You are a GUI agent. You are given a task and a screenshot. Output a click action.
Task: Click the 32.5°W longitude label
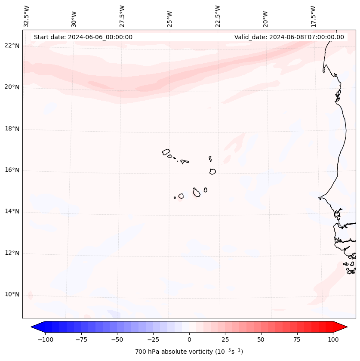coord(27,16)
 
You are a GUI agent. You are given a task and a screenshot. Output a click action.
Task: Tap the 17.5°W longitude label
coord(313,16)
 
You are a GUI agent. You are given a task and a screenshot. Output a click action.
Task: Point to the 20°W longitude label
coord(265,18)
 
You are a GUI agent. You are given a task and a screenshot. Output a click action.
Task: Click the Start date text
coord(83,37)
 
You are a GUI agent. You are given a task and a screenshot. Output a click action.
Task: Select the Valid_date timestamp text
coord(289,37)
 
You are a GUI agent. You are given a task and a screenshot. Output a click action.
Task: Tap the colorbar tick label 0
coord(189,339)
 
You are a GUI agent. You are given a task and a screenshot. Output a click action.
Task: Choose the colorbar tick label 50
coord(261,339)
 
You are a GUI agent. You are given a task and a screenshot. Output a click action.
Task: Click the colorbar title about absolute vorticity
coord(189,352)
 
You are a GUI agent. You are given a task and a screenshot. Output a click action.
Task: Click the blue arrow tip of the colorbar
coord(33,327)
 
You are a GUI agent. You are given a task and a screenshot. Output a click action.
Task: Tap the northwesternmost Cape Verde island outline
coord(166,152)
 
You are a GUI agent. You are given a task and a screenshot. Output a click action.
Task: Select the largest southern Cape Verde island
coord(197,192)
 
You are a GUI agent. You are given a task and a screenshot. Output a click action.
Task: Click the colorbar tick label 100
coord(333,339)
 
